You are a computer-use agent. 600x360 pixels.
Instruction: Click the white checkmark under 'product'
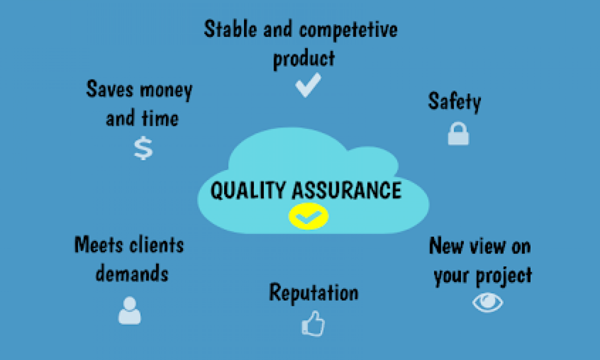(x=307, y=85)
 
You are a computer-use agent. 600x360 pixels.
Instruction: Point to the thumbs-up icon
(x=313, y=323)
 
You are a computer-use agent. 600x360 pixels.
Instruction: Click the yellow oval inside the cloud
(x=308, y=216)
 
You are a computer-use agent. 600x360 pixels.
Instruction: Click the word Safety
(x=454, y=101)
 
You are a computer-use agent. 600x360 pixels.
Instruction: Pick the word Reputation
(x=313, y=292)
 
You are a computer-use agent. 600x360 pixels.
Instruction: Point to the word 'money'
(x=166, y=90)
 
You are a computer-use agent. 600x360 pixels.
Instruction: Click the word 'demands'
(x=132, y=273)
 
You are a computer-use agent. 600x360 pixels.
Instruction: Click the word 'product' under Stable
(x=303, y=58)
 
